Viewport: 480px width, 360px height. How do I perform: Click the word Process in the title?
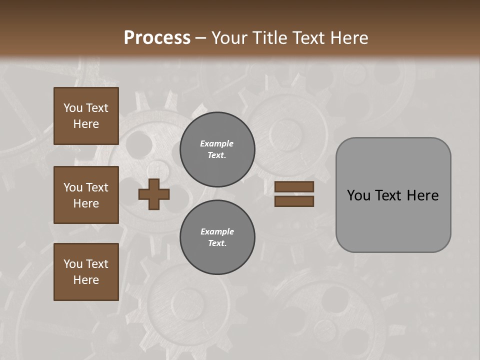click(x=157, y=37)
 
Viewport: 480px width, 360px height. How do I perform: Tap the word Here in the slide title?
click(x=349, y=37)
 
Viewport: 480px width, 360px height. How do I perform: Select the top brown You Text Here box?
click(x=86, y=116)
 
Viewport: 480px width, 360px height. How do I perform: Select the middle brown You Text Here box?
click(x=86, y=195)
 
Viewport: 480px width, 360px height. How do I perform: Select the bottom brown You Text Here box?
click(x=86, y=271)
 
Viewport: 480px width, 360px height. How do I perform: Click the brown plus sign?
click(x=154, y=194)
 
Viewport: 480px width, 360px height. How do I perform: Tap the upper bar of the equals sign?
click(x=294, y=186)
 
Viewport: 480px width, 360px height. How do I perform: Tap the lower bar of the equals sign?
click(x=294, y=201)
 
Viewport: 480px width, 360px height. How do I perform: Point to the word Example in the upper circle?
click(x=217, y=143)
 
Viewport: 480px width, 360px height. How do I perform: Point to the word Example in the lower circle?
click(x=217, y=231)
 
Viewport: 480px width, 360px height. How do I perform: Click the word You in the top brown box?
click(x=73, y=108)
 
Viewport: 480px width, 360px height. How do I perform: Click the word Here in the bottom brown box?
click(x=86, y=280)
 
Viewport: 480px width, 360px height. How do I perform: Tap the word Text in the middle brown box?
click(x=97, y=187)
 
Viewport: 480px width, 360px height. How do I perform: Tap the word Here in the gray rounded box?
click(x=422, y=195)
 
